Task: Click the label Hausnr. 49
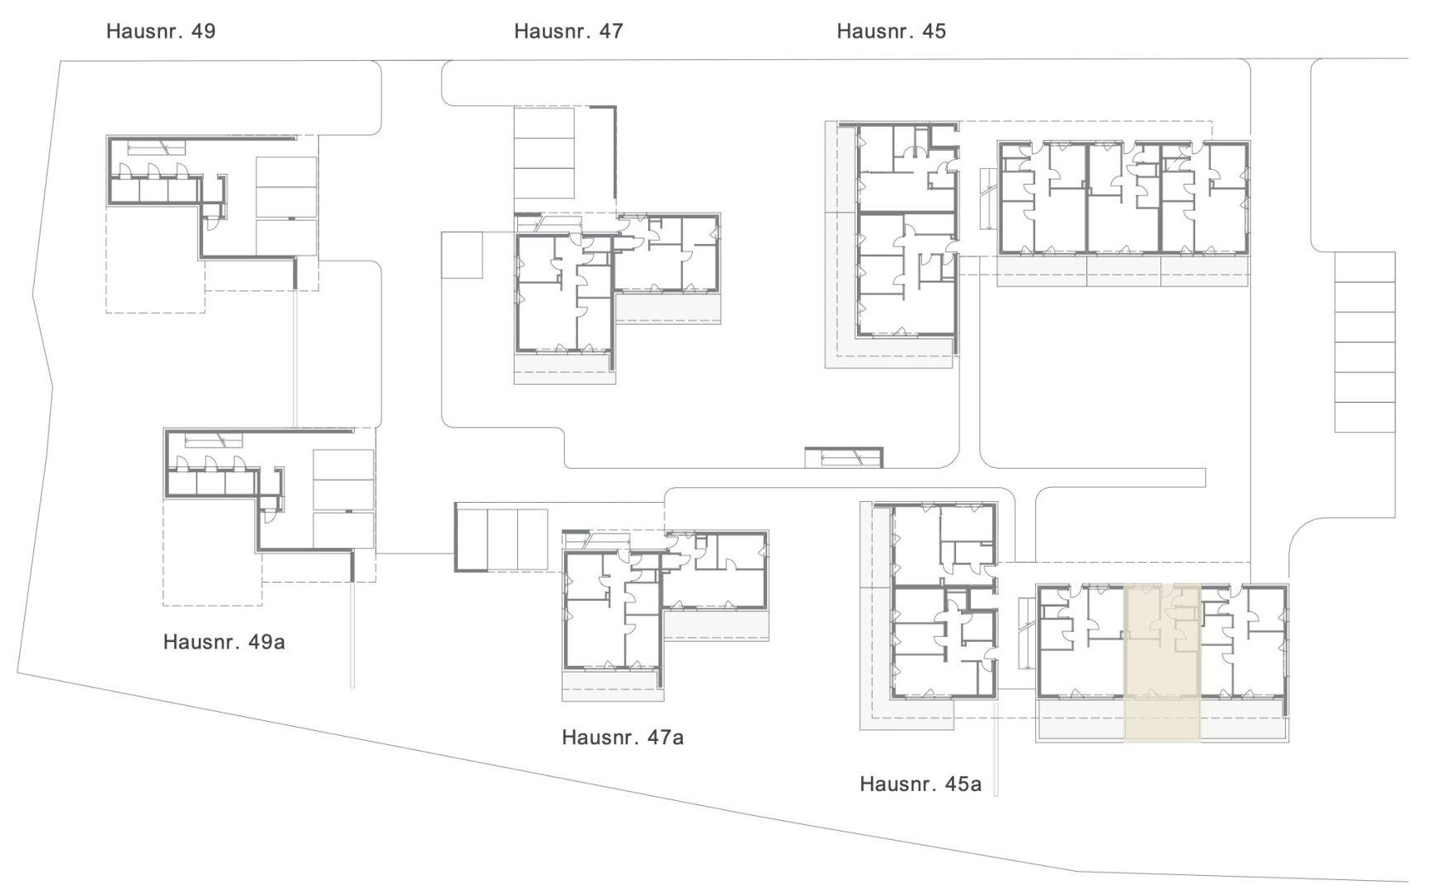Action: (x=161, y=31)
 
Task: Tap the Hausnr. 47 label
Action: (x=569, y=31)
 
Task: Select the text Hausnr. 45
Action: (x=892, y=31)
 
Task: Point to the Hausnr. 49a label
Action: (x=224, y=642)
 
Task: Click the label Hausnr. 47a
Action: (x=623, y=737)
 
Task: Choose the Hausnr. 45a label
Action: (x=920, y=784)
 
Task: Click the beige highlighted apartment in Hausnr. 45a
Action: (x=1162, y=663)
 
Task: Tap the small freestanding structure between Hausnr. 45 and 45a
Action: (x=844, y=457)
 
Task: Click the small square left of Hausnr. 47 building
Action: (x=462, y=255)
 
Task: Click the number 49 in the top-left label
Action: (x=203, y=31)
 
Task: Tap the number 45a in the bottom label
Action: (x=963, y=784)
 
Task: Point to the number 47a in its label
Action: (x=666, y=737)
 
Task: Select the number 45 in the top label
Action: (x=934, y=31)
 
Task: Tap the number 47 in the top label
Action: (x=611, y=31)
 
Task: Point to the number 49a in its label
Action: (x=267, y=642)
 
